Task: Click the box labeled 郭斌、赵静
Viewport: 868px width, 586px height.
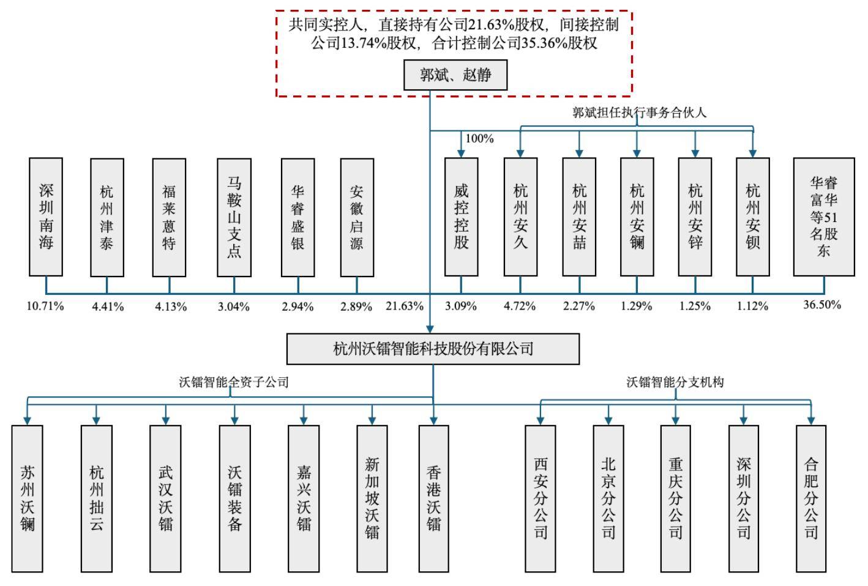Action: (x=455, y=75)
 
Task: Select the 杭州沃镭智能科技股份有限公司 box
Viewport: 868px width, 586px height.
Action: (x=433, y=349)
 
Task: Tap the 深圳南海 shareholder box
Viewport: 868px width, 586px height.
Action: (x=46, y=217)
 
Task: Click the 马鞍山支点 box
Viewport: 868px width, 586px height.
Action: (x=234, y=217)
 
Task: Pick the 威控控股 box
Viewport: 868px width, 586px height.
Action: (x=461, y=217)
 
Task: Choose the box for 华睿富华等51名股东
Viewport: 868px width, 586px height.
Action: (x=823, y=217)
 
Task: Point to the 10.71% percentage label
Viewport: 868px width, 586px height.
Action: (x=45, y=306)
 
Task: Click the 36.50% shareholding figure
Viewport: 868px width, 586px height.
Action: (x=822, y=305)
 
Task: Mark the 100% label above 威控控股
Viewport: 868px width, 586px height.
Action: (x=479, y=139)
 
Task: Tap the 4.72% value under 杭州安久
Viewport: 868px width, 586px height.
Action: (x=520, y=306)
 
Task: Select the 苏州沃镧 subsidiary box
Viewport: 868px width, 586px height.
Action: (x=28, y=499)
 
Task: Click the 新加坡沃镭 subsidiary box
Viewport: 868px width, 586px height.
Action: (x=372, y=499)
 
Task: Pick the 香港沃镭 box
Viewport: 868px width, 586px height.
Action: (x=433, y=499)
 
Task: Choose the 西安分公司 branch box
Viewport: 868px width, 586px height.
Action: (x=541, y=499)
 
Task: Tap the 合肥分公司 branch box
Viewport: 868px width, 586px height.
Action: (x=811, y=499)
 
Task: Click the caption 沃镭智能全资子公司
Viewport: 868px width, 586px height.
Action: (x=234, y=382)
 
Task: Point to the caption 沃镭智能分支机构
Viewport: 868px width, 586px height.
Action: (x=675, y=382)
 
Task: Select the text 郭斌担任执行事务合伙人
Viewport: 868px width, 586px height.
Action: (x=640, y=113)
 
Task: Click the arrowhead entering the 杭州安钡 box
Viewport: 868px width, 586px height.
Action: (x=753, y=153)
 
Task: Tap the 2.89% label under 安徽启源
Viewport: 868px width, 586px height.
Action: (x=356, y=306)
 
